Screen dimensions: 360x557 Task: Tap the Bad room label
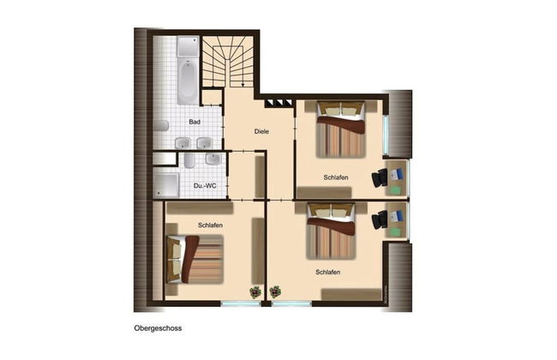pos(195,122)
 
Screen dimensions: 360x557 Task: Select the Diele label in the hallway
pos(262,131)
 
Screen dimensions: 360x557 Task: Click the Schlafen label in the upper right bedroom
pos(336,177)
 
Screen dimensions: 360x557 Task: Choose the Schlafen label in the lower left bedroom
pos(210,225)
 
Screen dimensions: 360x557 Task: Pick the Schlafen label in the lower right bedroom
pos(327,272)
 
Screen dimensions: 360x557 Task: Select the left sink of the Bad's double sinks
pos(183,142)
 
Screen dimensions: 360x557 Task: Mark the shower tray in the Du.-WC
pos(166,183)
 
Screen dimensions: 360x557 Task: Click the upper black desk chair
pos(380,177)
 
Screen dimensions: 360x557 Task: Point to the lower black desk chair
pos(380,220)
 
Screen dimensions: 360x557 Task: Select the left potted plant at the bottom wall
pos(255,291)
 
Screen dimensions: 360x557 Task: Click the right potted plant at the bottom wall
pos(274,291)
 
